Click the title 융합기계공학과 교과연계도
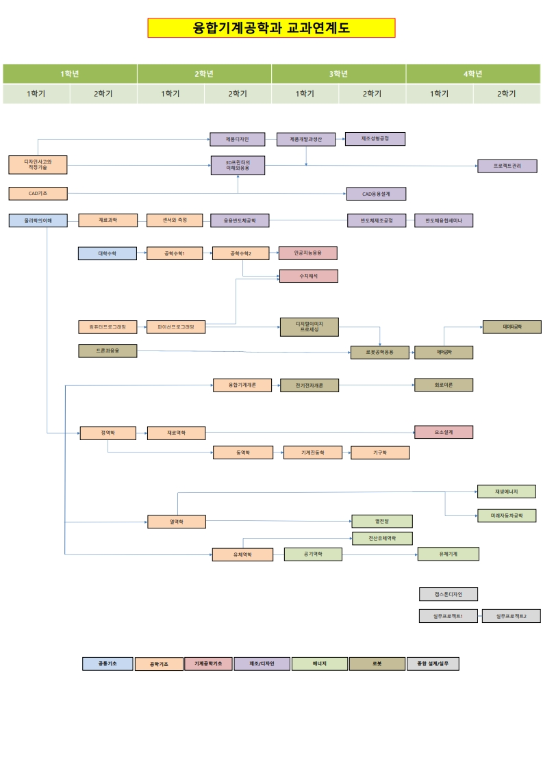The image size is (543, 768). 271,28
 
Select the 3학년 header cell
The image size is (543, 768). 338,74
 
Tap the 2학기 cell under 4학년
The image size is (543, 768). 506,94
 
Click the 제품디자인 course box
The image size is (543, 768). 237,139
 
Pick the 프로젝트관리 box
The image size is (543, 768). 507,166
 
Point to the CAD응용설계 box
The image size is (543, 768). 376,194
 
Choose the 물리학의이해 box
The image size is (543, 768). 38,220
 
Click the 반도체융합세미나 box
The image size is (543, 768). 443,220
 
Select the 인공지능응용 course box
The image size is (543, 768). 307,253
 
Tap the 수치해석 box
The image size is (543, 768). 308,276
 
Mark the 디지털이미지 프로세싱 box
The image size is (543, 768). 309,327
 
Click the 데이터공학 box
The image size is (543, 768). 512,327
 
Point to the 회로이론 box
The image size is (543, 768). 443,385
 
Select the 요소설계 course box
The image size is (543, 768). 443,432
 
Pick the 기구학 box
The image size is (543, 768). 380,452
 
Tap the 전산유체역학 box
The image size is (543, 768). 381,538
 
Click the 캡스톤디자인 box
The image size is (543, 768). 448,594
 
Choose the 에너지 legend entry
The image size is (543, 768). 319,663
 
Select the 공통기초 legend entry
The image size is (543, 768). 107,663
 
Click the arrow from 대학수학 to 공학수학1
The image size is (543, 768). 132,253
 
